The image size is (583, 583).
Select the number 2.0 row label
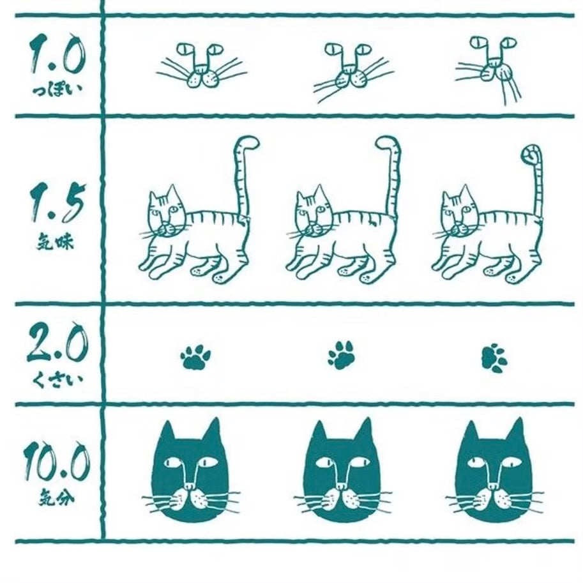tap(57, 343)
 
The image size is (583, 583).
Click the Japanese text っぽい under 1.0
tap(57, 90)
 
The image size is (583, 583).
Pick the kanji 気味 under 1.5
tap(56, 242)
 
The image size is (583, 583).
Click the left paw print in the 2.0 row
tap(195, 357)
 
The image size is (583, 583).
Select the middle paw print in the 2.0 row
tap(342, 355)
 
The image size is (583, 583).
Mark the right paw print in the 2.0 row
tap(494, 358)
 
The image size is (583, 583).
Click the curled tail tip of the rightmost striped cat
tap(530, 153)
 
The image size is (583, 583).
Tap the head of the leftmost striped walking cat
tap(166, 213)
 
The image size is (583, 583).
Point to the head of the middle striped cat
tap(312, 213)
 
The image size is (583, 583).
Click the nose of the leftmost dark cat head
tap(190, 486)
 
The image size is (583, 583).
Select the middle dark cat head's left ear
tap(319, 432)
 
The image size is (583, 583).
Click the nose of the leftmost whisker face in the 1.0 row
tap(201, 68)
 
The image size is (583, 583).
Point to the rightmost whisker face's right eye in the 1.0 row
tap(509, 43)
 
